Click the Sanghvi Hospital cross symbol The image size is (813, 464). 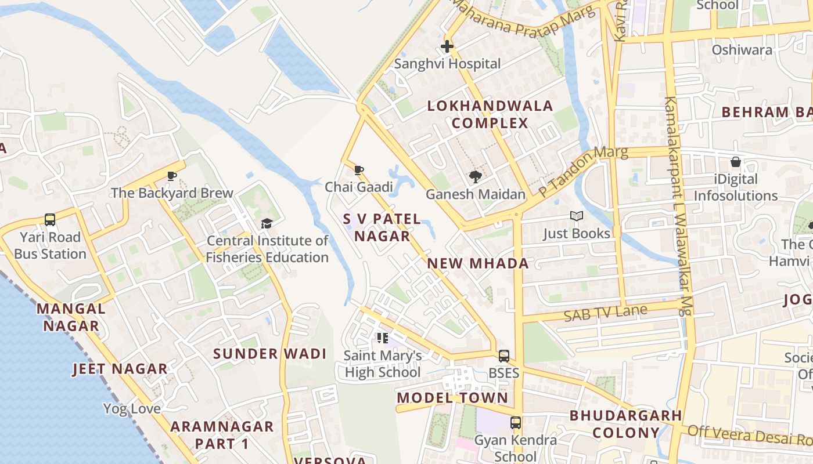[447, 46]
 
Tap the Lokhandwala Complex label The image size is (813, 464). [490, 114]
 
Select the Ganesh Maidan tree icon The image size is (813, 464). [476, 177]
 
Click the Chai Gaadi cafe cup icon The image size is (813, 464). [359, 171]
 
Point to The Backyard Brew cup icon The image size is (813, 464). [172, 176]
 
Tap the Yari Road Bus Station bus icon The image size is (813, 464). [50, 220]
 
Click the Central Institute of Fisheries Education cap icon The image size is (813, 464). [267, 223]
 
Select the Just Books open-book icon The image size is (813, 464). [576, 216]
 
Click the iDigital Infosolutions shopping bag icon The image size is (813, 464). [736, 162]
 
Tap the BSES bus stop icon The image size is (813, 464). [503, 356]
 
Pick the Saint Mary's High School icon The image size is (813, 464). [382, 338]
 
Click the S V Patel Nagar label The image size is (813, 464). [382, 227]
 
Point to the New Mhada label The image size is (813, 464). [478, 263]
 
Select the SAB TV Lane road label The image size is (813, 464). [606, 313]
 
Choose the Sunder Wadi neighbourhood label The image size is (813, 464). [269, 354]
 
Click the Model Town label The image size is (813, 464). [452, 398]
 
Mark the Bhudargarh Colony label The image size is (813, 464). [625, 424]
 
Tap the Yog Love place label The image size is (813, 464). [132, 409]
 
